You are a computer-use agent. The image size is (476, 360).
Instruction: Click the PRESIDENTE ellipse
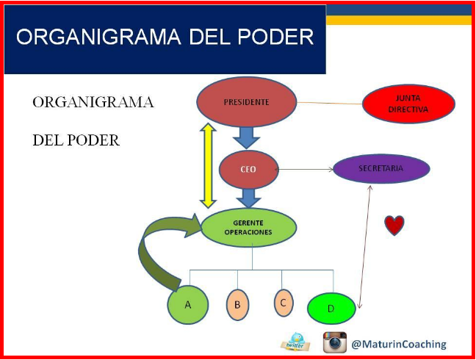247,101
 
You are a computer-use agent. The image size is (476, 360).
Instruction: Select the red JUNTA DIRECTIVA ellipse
408,104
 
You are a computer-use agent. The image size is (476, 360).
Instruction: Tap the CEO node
248,170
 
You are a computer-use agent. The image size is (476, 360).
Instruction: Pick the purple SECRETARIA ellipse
381,168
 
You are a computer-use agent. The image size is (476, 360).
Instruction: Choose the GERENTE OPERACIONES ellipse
248,227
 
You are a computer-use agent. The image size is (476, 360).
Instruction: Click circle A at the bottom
188,304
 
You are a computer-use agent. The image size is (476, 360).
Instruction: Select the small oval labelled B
237,305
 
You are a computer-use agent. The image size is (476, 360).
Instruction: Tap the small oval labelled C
284,303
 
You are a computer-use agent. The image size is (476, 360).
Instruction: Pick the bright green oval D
331,309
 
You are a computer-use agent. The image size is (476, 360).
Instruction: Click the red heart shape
394,226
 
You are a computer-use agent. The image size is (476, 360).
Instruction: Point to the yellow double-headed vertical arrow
208,165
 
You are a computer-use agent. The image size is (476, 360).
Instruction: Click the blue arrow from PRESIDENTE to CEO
247,138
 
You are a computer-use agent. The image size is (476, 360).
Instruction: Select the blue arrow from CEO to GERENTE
248,198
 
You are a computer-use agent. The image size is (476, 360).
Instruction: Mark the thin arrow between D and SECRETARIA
364,247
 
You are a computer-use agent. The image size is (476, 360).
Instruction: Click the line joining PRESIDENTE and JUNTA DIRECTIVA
329,103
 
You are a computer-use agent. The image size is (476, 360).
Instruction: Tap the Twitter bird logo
295,342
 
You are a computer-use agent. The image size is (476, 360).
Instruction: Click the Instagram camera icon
334,342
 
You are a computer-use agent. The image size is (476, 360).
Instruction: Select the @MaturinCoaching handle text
399,345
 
